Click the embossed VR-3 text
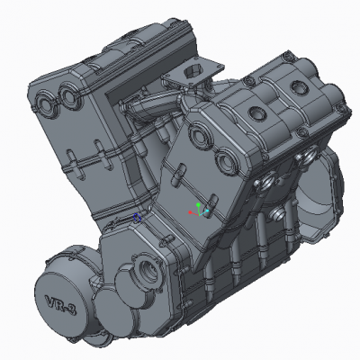pos(60,305)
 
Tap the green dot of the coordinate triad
pos(198,205)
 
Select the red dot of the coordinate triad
pos(190,212)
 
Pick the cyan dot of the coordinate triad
pos(207,211)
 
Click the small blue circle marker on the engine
pos(137,218)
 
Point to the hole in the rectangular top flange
pos(193,71)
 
